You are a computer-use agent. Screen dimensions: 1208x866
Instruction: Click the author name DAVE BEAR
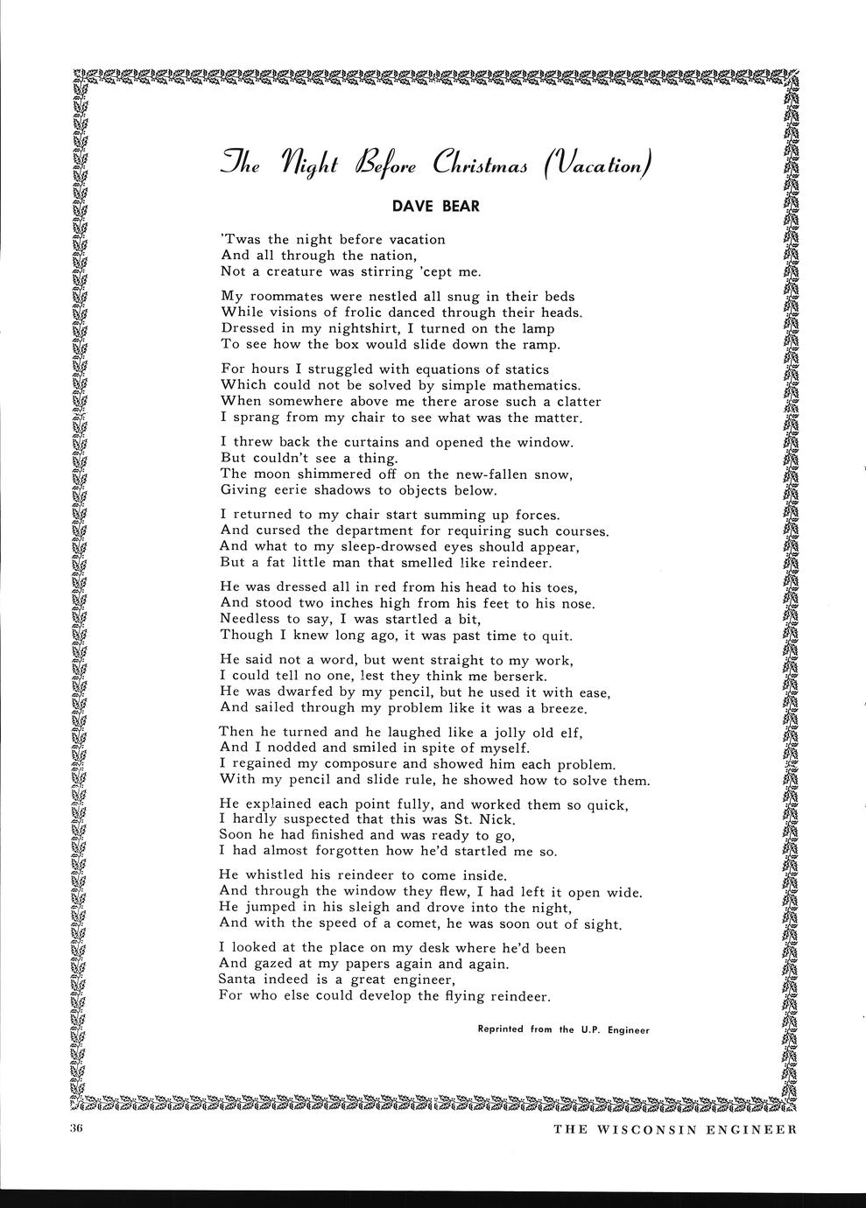[435, 207]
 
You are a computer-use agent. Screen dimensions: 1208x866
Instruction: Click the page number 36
[74, 1128]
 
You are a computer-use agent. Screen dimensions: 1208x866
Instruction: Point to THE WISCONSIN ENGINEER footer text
[675, 1128]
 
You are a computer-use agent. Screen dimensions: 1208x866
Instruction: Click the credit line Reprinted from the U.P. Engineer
[563, 1029]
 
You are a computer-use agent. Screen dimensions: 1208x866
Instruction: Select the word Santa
[240, 980]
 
